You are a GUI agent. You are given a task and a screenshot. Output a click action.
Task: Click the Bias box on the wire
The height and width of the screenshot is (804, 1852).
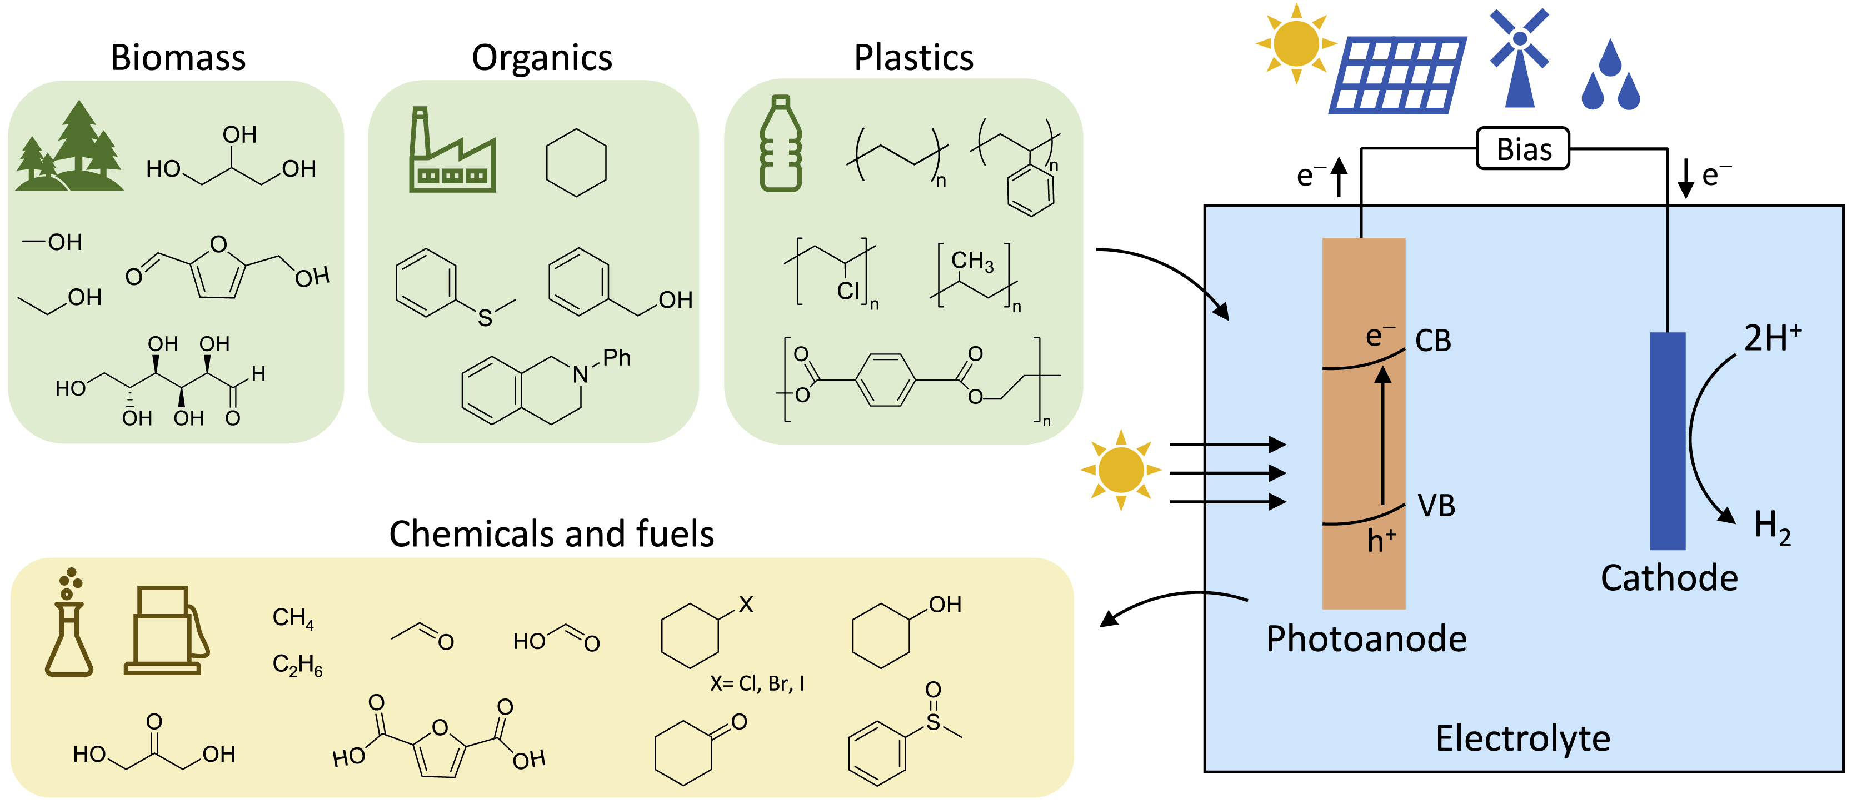[x=1522, y=149]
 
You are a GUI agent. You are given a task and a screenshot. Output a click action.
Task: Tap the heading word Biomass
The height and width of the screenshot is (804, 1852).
[x=178, y=58]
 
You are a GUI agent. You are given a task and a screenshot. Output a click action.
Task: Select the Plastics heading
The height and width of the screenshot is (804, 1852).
[x=913, y=58]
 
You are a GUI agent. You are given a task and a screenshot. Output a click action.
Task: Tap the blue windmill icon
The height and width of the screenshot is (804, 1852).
[x=1519, y=58]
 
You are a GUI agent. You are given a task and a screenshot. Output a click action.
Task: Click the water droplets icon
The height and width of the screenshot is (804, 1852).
[x=1610, y=76]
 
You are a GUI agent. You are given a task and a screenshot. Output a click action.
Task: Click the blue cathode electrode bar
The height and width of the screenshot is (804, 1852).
[x=1667, y=440]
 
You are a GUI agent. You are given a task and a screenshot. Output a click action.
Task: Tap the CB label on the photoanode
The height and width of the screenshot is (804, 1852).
[x=1433, y=341]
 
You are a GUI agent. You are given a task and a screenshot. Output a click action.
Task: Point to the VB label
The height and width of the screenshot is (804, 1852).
[x=1436, y=506]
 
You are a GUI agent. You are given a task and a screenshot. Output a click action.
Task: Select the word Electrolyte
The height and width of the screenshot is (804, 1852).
[x=1522, y=738]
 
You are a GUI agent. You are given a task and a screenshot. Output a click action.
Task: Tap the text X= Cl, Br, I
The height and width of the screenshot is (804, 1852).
[x=757, y=683]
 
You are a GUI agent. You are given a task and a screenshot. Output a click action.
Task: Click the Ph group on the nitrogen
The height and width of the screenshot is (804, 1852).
[x=616, y=357]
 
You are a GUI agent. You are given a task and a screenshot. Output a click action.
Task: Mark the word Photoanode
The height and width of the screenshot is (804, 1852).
[x=1366, y=638]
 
